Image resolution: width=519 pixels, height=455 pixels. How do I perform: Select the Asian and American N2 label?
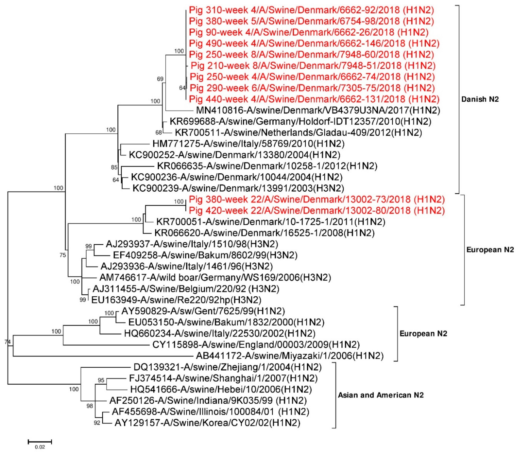381,395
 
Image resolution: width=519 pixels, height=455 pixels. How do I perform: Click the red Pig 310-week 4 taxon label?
311,10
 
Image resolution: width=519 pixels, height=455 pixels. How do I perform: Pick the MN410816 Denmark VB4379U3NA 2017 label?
318,110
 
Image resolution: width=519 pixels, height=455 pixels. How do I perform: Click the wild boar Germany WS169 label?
215,278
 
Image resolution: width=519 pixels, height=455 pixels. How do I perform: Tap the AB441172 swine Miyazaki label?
289,356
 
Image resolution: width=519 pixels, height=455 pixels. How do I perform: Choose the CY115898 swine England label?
256,345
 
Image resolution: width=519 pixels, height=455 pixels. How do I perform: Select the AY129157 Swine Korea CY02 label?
207,423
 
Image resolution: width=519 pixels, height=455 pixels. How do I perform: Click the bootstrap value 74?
8,342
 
